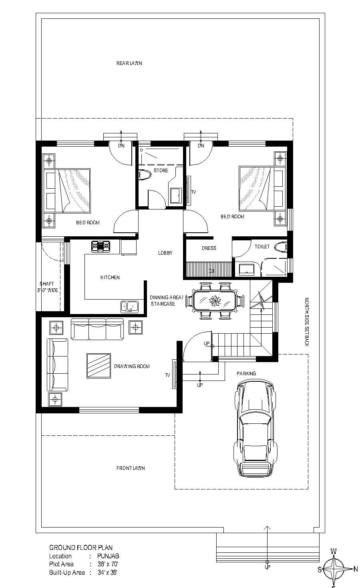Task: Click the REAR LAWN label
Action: (x=129, y=63)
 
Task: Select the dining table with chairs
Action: (x=215, y=301)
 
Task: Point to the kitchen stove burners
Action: (x=101, y=246)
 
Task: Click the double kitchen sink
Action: (x=129, y=307)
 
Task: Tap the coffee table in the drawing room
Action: (x=99, y=366)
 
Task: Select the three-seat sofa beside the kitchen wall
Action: (x=97, y=329)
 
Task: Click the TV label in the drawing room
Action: (x=167, y=375)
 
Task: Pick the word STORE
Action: (x=161, y=171)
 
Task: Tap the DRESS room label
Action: (x=209, y=248)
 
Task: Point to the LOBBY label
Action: (x=165, y=253)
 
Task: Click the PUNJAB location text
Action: (x=108, y=556)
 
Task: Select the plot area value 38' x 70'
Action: (x=108, y=564)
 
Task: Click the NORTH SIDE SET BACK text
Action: (x=307, y=322)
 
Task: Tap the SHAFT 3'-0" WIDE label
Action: (x=47, y=287)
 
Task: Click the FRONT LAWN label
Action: (x=131, y=468)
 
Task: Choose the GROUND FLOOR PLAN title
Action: (x=81, y=548)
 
